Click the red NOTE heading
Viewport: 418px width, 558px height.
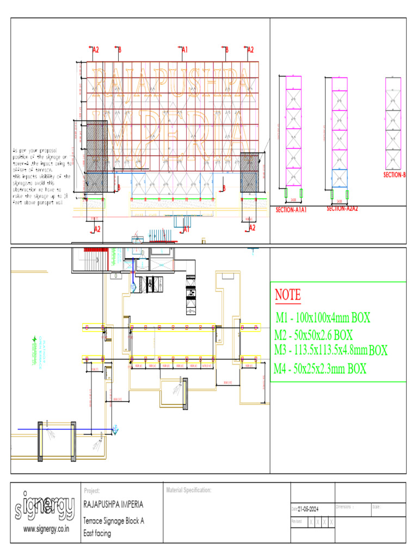287,295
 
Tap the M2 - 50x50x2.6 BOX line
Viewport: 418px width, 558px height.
314,334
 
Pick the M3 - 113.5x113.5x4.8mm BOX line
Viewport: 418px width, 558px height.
331,350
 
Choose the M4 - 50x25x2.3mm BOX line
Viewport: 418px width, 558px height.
320,369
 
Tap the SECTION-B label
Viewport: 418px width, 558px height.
395,175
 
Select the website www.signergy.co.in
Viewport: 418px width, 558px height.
46,529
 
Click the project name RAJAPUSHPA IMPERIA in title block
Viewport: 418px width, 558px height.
113,505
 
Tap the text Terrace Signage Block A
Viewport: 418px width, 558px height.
113,521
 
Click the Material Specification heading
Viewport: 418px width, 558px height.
188,491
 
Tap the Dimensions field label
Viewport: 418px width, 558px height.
346,507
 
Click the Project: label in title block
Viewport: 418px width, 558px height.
92,491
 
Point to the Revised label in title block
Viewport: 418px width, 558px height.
297,521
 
